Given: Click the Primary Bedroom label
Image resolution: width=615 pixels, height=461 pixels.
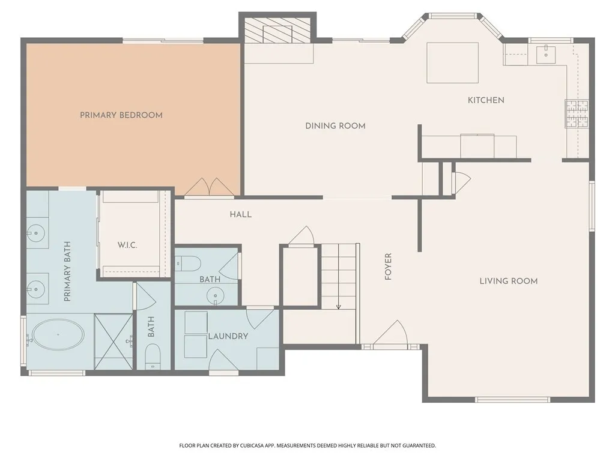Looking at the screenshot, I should pyautogui.click(x=121, y=115).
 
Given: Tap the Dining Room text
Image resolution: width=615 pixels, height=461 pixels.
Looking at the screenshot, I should pyautogui.click(x=335, y=126).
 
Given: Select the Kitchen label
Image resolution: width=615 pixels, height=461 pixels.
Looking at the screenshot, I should pyautogui.click(x=486, y=100).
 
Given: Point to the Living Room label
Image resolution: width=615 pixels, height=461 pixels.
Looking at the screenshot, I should pyautogui.click(x=508, y=281).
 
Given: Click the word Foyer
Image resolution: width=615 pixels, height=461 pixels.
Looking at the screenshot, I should pyautogui.click(x=389, y=267).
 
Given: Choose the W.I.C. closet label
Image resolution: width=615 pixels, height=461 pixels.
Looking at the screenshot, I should pyautogui.click(x=127, y=246).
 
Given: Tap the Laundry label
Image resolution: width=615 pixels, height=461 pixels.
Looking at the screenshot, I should pyautogui.click(x=228, y=336).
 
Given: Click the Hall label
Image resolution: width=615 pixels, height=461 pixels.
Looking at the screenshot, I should pyautogui.click(x=240, y=214).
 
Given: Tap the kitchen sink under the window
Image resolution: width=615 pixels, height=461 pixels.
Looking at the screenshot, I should pyautogui.click(x=546, y=55).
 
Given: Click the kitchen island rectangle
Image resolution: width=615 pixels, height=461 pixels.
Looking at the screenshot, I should pyautogui.click(x=452, y=62).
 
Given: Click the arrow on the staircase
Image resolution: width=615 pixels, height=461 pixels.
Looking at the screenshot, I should pyautogui.click(x=339, y=306).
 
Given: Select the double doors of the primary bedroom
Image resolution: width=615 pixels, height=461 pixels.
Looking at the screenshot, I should pyautogui.click(x=209, y=188).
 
